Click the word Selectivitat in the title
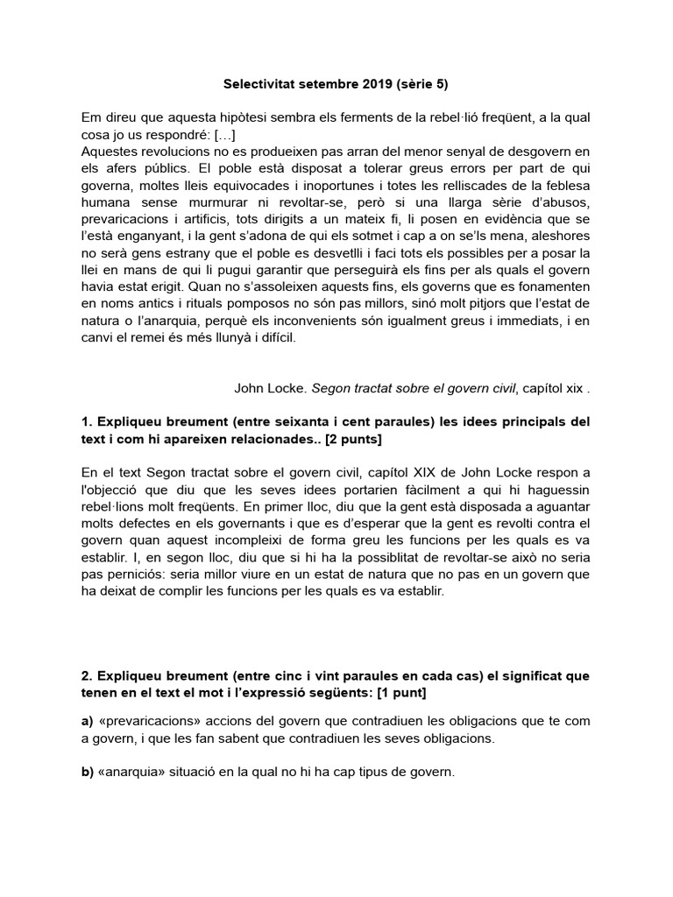(254, 85)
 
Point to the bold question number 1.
(86, 421)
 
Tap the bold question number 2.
(86, 677)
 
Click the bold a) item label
(87, 721)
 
